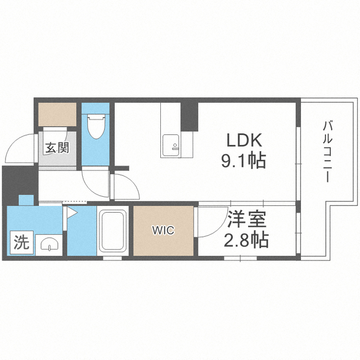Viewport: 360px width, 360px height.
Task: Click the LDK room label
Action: [244, 140]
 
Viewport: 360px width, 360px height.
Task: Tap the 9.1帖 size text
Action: [244, 160]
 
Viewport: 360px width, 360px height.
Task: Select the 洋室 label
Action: [246, 219]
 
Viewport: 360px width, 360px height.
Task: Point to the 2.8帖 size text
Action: [246, 240]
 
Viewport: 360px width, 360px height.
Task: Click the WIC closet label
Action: [164, 230]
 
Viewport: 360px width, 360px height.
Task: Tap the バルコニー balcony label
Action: [327, 152]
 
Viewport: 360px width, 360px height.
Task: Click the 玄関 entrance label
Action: [57, 147]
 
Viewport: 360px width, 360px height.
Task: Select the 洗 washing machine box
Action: [22, 242]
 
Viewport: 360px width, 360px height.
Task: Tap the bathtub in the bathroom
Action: [113, 231]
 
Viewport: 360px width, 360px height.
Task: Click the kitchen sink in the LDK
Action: [170, 146]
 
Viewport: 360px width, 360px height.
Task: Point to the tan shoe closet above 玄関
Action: [57, 114]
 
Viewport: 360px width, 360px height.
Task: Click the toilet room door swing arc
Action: [90, 187]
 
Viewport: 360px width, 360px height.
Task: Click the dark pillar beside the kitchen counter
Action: [189, 116]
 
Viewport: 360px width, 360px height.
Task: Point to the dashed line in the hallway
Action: [75, 202]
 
